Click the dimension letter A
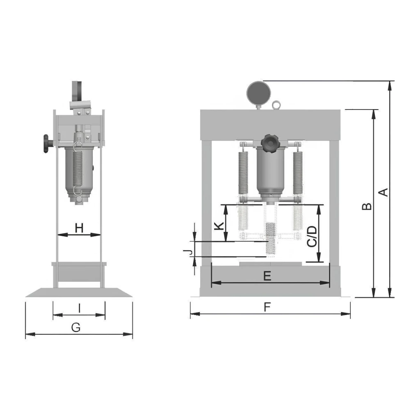(x=384, y=192)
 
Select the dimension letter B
(x=367, y=206)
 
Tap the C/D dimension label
(x=312, y=236)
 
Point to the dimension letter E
(x=267, y=276)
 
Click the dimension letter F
(x=267, y=307)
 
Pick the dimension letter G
(x=76, y=327)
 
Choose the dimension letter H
(x=79, y=228)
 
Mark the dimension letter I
(x=79, y=308)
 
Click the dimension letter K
(x=219, y=226)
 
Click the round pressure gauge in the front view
(x=258, y=93)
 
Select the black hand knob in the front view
(x=270, y=144)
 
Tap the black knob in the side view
(x=47, y=144)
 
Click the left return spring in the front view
(x=243, y=173)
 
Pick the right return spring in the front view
(x=298, y=173)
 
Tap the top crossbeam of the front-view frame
(x=270, y=125)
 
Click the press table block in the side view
(x=79, y=272)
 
